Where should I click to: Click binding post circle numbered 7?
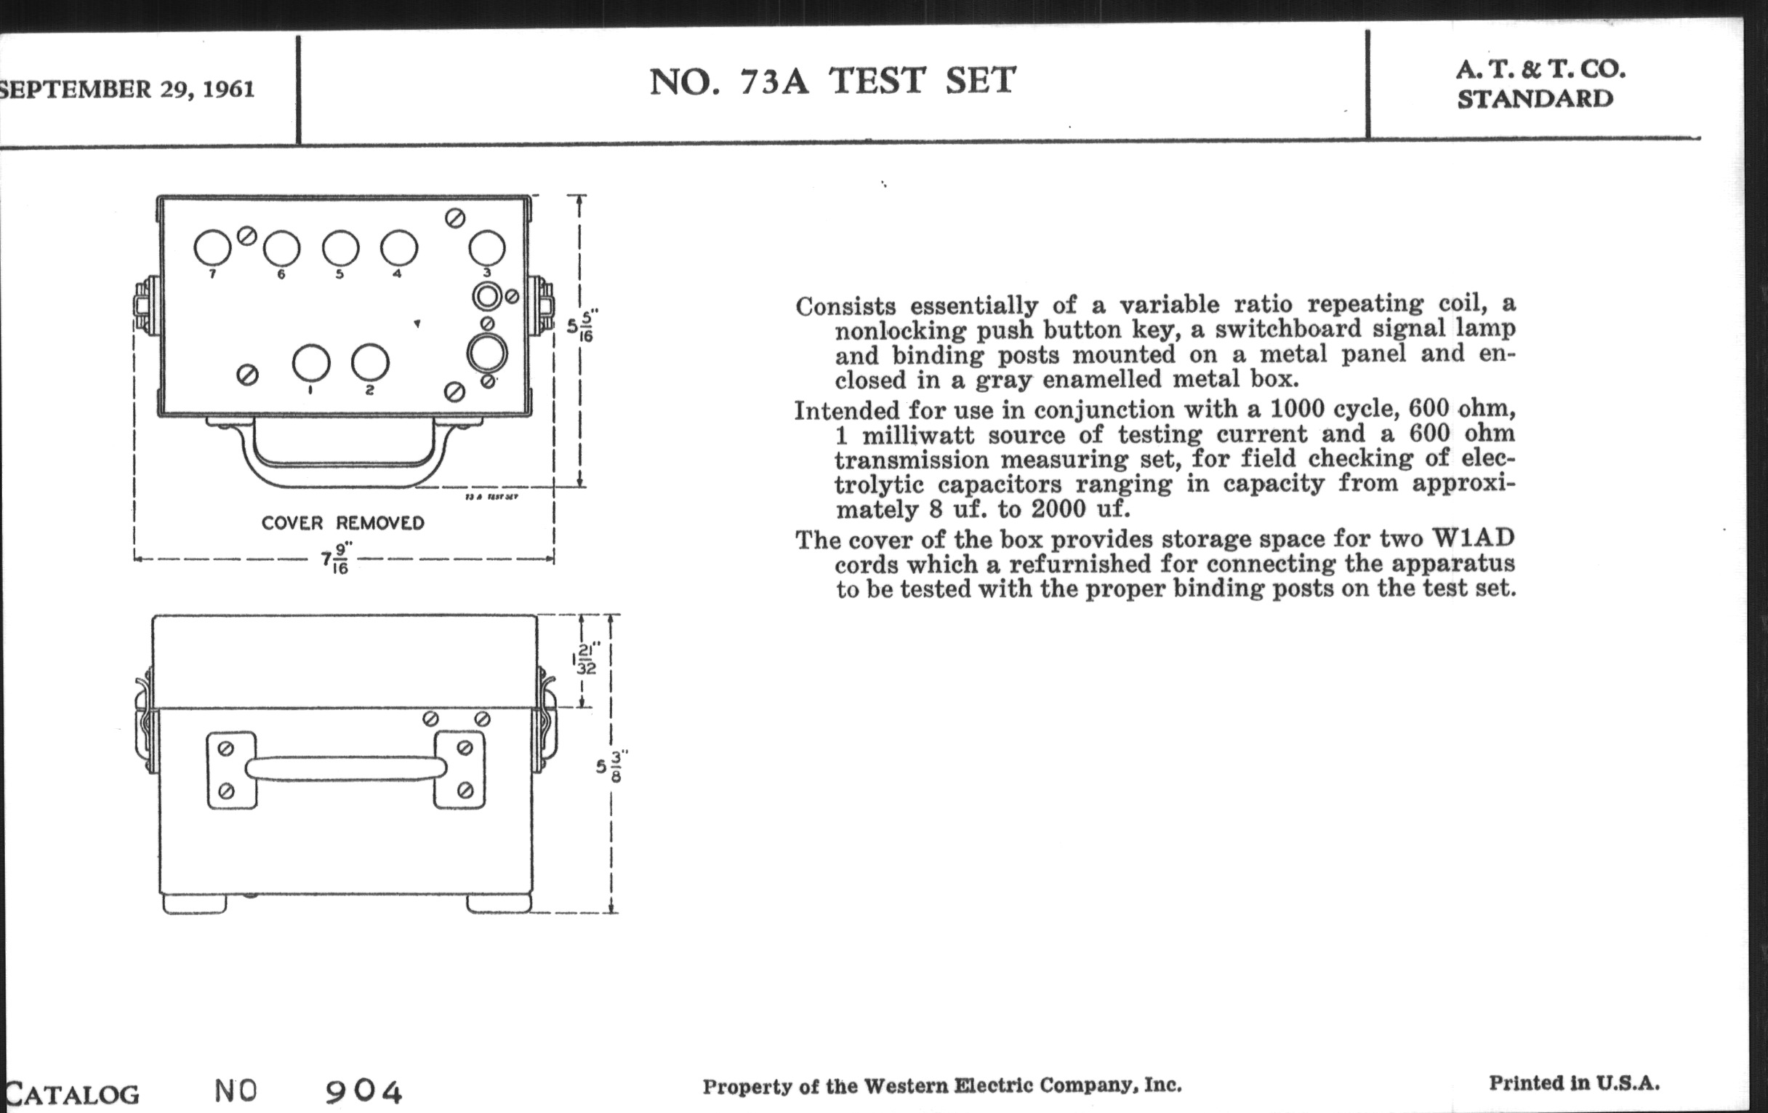(212, 247)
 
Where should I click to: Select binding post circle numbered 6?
(281, 249)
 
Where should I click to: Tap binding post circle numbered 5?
(341, 248)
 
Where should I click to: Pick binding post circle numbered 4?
(398, 248)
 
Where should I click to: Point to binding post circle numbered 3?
(487, 248)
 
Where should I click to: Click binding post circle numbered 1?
(310, 363)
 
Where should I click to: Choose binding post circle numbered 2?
(369, 363)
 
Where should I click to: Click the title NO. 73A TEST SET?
(832, 81)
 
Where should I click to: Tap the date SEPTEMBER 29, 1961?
(126, 89)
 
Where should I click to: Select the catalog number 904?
(364, 1092)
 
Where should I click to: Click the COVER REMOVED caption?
(343, 523)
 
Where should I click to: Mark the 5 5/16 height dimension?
(580, 325)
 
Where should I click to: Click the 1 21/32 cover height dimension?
(585, 659)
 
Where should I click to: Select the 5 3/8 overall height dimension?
(611, 766)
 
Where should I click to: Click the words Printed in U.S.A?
(1574, 1083)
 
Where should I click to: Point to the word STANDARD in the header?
(1535, 98)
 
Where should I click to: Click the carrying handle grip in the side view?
(345, 768)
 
